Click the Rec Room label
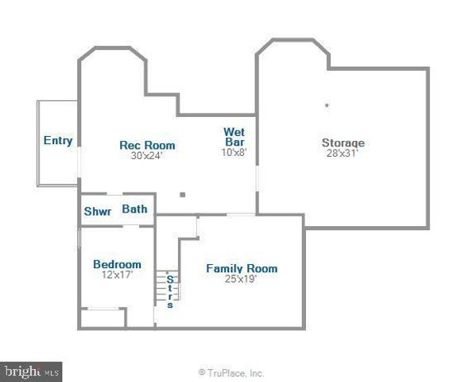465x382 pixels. click(x=147, y=145)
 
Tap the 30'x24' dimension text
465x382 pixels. click(x=147, y=155)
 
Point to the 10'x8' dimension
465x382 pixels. click(x=234, y=153)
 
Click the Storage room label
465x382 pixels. click(x=343, y=143)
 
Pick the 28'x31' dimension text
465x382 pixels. click(x=343, y=154)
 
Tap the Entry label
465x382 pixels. click(x=58, y=141)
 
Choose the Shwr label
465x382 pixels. click(x=97, y=212)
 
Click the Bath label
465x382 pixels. click(x=134, y=209)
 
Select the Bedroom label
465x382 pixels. click(x=117, y=264)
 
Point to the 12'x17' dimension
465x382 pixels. click(x=117, y=275)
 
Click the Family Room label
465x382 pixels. click(x=242, y=268)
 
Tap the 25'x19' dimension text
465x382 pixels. click(x=242, y=279)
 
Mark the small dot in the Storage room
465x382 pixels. click(x=327, y=104)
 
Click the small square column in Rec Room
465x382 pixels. click(x=183, y=193)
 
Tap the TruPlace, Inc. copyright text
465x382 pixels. click(x=231, y=372)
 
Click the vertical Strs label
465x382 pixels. click(x=170, y=291)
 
